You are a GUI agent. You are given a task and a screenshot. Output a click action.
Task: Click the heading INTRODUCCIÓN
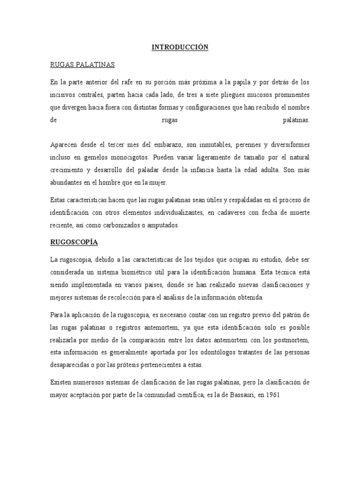pyautogui.click(x=180, y=47)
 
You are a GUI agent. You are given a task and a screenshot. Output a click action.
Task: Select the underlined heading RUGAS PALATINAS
pyautogui.click(x=82, y=64)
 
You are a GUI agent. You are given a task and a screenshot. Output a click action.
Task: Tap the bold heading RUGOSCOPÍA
pyautogui.click(x=74, y=242)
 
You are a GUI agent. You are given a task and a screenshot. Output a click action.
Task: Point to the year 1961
pyautogui.click(x=271, y=395)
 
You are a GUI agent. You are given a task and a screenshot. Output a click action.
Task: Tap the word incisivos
pyautogui.click(x=64, y=95)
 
